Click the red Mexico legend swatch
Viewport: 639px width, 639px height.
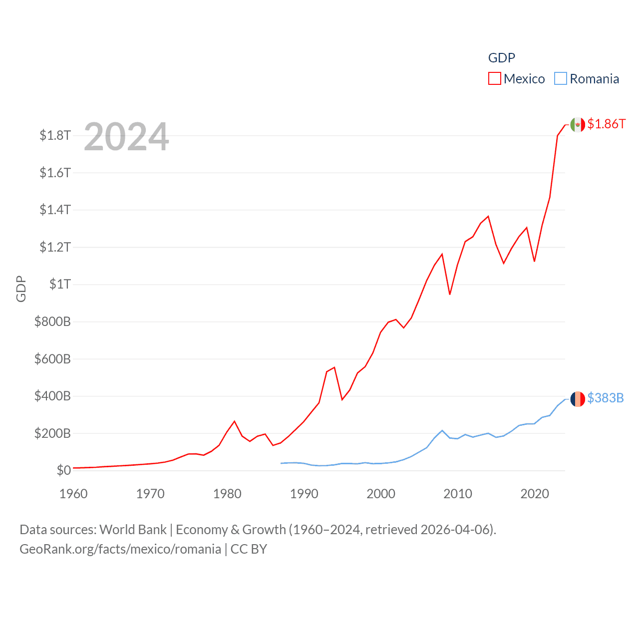tap(494, 79)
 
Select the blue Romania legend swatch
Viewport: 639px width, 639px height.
tap(561, 79)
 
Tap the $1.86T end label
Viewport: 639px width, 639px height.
tap(606, 124)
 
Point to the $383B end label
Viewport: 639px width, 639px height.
tap(605, 398)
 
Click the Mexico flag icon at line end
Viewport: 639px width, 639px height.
tap(578, 125)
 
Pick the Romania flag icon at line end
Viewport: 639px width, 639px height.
tap(578, 399)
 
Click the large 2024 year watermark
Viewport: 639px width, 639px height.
tap(126, 137)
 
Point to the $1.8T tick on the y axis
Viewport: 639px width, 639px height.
tap(55, 135)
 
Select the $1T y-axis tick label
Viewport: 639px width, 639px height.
tap(60, 284)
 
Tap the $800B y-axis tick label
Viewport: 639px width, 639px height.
tap(52, 321)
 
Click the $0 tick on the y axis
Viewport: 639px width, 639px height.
tap(63, 470)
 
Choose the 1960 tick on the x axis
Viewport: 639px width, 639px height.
tap(73, 494)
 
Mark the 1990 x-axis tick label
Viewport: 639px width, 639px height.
tap(304, 494)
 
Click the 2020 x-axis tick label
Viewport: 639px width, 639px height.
tap(535, 494)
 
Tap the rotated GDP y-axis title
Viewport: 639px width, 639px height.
tap(21, 289)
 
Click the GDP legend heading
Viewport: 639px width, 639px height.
tap(501, 58)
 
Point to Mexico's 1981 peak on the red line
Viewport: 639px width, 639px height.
tap(235, 421)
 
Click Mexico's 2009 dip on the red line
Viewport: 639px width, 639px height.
tap(450, 294)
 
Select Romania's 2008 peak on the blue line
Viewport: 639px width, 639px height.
tap(442, 430)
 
